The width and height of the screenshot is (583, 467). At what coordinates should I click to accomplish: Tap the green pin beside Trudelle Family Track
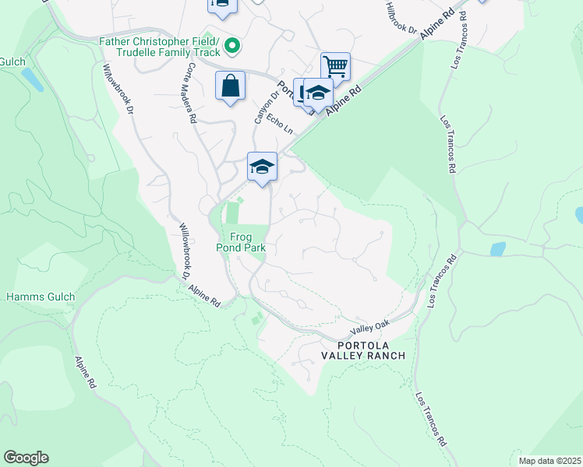pos(231,47)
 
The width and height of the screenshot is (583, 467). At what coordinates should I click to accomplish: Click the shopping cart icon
pos(335,66)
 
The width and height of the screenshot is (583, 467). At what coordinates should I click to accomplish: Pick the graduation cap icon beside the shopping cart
pos(318,93)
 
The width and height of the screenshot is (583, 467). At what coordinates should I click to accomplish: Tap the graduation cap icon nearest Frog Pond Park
pos(263,167)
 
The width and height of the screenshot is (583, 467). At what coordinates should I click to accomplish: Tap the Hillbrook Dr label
pos(402,18)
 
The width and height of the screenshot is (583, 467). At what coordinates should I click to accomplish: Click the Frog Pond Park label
pos(247,242)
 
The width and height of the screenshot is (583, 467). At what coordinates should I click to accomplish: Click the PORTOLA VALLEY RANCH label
pos(364,349)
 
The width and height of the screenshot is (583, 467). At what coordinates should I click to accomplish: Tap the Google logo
pos(26,458)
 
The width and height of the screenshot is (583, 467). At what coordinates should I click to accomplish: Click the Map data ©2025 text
pos(549,461)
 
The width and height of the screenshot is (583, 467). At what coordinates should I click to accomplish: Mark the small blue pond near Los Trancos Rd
pos(497,249)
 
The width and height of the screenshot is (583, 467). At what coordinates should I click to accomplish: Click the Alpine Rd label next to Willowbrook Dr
pos(205,294)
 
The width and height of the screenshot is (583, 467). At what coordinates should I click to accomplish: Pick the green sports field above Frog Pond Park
pos(231,212)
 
